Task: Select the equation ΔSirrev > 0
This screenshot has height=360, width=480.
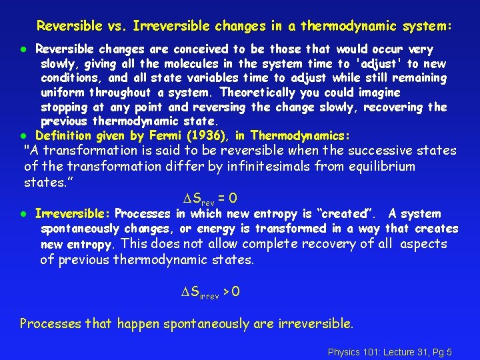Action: coord(211,292)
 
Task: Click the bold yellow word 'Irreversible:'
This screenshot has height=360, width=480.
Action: coord(71,214)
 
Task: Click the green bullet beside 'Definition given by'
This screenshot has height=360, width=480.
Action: coord(22,136)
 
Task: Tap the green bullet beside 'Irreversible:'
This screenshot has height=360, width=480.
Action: coord(22,214)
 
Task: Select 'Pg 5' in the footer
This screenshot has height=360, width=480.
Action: coord(441,351)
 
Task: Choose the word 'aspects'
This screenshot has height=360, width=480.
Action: coord(424,244)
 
